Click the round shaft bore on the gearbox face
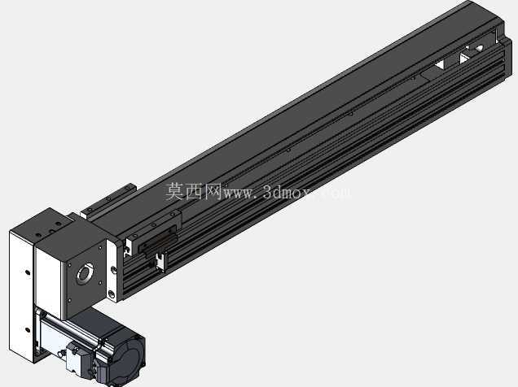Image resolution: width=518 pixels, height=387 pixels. pyautogui.click(x=85, y=273)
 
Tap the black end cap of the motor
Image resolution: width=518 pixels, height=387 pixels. pyautogui.click(x=128, y=359)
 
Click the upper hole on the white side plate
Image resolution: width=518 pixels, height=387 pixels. pyautogui.click(x=28, y=272)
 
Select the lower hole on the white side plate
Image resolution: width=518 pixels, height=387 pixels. pyautogui.click(x=28, y=330)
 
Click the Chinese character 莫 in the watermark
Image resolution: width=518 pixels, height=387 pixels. pyautogui.click(x=175, y=192)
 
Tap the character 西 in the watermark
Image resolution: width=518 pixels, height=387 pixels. pyautogui.click(x=194, y=192)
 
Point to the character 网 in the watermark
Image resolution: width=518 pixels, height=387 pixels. pyautogui.click(x=213, y=192)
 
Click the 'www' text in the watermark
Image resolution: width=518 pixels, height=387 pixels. pyautogui.click(x=239, y=193)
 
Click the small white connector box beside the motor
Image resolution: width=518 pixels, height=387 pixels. pyautogui.click(x=75, y=358)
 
